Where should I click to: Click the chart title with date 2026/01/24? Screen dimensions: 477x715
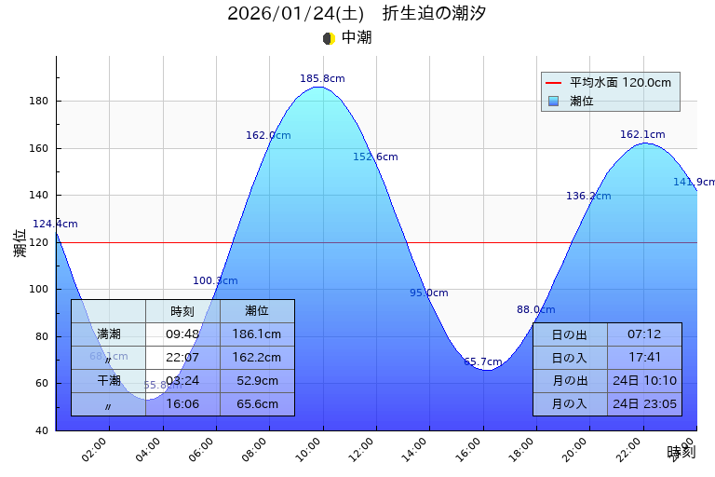pos(357,14)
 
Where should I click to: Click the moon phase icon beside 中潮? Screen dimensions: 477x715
pos(329,38)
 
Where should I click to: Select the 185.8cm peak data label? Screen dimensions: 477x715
pos(322,79)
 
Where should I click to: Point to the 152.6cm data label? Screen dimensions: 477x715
pos(375,157)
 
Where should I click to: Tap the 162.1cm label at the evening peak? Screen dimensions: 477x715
pos(642,135)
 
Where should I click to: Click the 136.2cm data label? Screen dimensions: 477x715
pos(588,197)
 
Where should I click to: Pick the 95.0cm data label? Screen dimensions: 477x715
pos(428,293)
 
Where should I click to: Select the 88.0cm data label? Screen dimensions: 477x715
pos(535,310)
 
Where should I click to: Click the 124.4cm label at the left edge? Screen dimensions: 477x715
pos(55,225)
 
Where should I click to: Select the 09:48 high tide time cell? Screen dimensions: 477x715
pos(182,334)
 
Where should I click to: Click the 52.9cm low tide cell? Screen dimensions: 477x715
pos(257,381)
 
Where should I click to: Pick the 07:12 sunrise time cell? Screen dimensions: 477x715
pos(644,334)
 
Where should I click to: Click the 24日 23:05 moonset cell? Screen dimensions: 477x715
pos(644,404)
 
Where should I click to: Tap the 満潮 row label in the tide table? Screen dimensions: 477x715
pos(108,334)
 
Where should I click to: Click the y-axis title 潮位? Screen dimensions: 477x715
pos(20,243)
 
